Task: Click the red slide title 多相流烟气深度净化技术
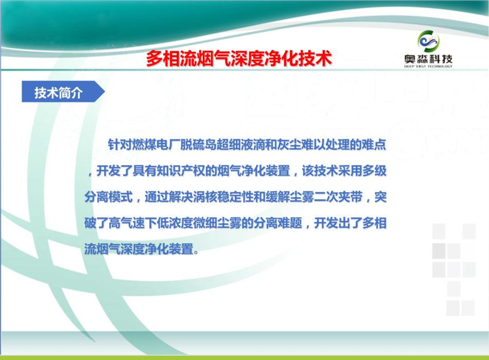point(239,58)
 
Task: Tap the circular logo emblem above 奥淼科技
point(428,41)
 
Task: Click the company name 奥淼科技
point(428,59)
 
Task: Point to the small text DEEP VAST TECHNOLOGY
point(428,66)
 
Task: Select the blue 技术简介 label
point(58,92)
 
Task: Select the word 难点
point(374,144)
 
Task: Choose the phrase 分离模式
point(109,197)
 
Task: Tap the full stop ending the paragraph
point(196,251)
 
